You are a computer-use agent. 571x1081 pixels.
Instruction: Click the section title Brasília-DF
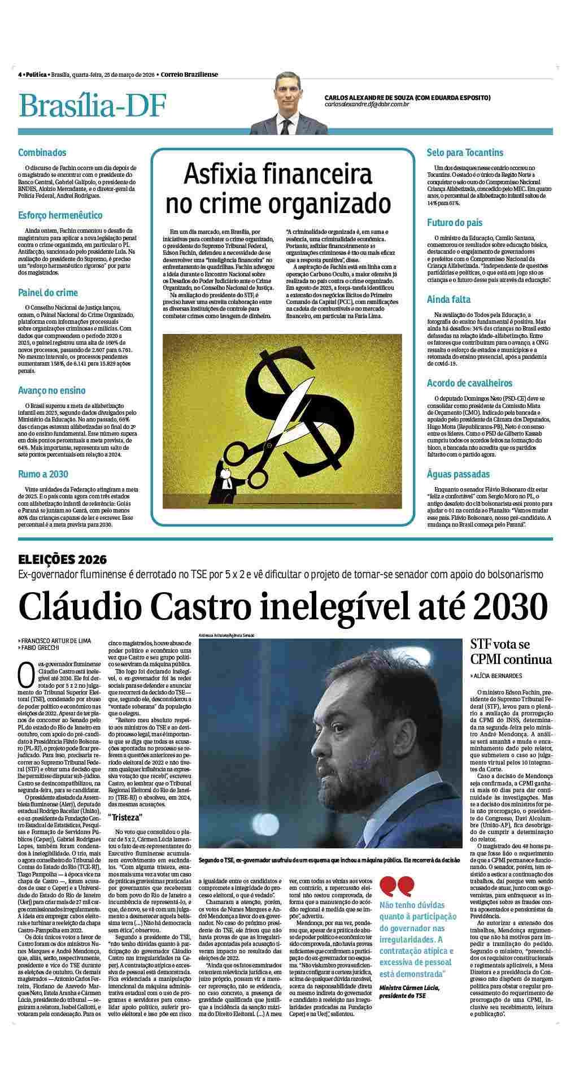pos(93,105)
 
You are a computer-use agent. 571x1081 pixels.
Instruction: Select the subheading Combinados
pos(42,153)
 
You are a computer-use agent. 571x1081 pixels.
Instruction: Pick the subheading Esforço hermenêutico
pos(60,215)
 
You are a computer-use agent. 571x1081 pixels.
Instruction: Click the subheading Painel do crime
pos(48,293)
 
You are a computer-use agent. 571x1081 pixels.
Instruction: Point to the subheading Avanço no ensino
pos(52,390)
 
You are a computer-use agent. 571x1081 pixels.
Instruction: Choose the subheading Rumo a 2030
pos(43,474)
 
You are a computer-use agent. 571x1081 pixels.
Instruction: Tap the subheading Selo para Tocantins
pos(465,153)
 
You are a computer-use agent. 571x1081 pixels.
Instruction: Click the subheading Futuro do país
pos(455,223)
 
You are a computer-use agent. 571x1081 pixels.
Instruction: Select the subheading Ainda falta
pos(448,299)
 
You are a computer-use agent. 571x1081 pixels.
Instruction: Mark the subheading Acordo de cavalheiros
pos(469,384)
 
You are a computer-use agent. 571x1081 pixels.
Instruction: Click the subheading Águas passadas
pos(458,474)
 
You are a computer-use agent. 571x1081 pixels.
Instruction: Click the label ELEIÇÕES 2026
pos(62,560)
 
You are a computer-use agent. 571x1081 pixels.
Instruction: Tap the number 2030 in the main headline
pos(511,607)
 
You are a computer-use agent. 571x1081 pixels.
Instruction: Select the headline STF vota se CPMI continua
pos(511,652)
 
